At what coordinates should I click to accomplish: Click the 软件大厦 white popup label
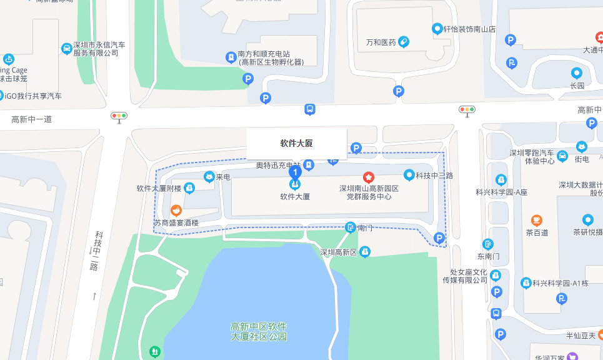296,143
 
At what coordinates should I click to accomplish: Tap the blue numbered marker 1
296,171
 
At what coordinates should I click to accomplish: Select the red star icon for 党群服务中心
369,177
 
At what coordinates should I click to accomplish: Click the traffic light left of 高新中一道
119,116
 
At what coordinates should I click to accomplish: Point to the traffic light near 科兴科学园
467,110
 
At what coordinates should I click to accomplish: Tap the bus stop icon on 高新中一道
309,110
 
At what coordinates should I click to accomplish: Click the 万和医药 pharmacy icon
403,42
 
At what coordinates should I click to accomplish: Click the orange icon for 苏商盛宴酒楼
176,210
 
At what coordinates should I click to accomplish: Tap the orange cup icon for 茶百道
536,220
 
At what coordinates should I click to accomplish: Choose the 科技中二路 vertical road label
96,250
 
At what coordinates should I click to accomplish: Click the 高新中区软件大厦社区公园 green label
258,332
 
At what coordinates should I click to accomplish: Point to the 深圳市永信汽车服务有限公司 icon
67,48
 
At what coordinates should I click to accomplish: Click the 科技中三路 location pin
409,175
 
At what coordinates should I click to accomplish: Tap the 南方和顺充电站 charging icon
231,57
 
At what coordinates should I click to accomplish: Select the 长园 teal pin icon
576,72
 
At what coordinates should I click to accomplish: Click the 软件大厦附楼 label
159,188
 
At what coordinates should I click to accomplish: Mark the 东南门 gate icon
488,244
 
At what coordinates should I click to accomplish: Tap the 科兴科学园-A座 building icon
501,180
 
